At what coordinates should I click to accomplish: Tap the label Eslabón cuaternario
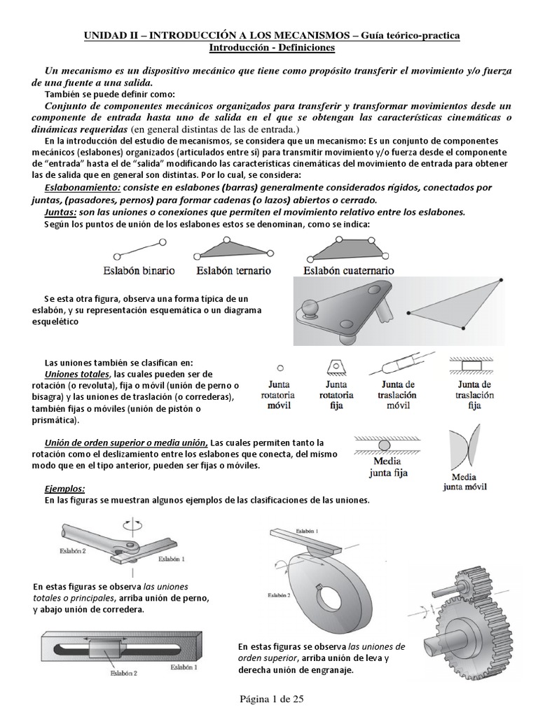(x=348, y=270)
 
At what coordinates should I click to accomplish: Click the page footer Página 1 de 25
(x=269, y=698)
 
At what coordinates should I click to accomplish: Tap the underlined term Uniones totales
(x=75, y=375)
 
